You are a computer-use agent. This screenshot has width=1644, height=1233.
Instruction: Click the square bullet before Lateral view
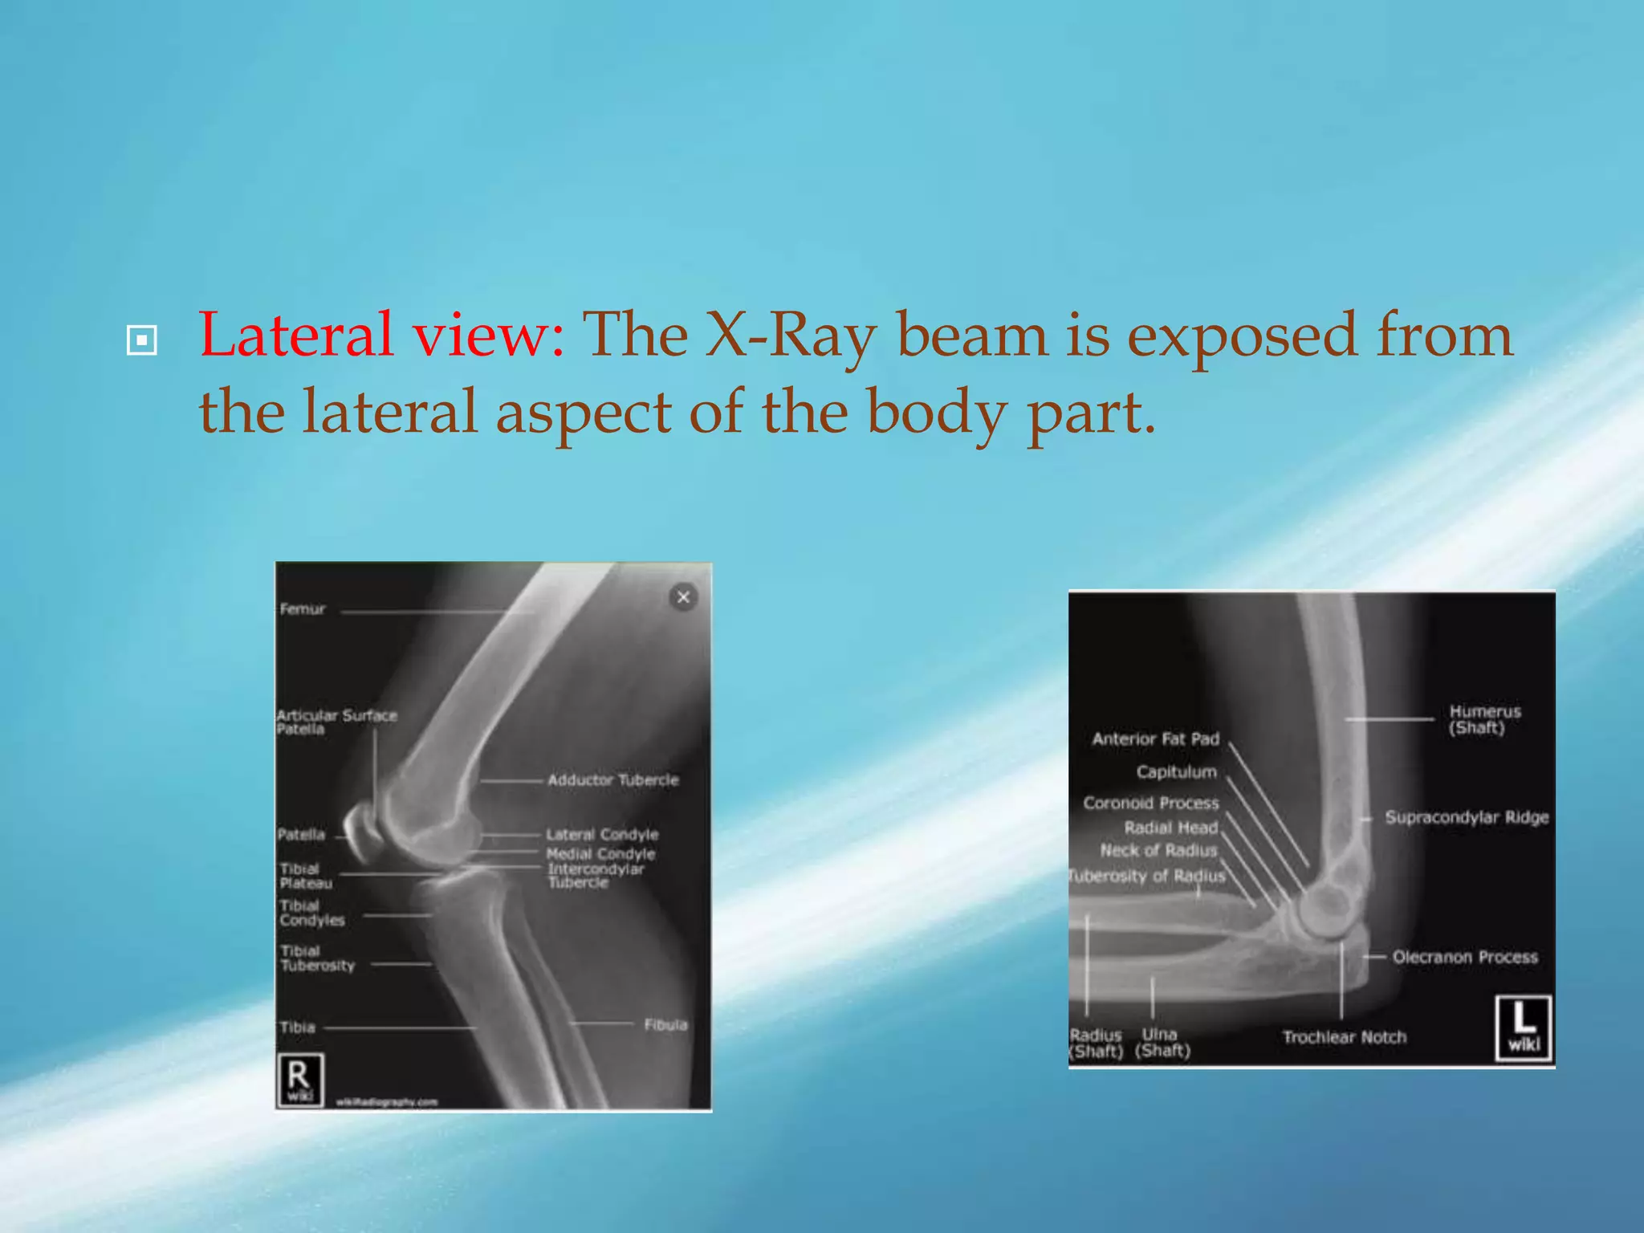142,340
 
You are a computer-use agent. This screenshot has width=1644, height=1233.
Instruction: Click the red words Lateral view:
381,335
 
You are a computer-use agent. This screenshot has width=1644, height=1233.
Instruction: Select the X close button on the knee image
683,597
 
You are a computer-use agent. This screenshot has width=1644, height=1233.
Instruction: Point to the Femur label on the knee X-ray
303,609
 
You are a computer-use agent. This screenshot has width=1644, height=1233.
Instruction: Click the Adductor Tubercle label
612,780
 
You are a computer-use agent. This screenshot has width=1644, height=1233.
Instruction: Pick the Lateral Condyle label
602,835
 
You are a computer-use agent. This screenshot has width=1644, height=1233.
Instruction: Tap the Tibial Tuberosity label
316,958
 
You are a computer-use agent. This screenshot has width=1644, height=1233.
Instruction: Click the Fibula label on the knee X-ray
665,1025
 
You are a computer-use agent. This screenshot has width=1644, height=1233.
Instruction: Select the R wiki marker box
299,1079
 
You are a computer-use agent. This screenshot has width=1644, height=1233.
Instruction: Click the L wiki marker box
1523,1028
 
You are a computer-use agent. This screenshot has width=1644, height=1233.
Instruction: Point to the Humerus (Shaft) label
1484,720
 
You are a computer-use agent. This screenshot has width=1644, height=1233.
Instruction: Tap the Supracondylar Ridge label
1467,818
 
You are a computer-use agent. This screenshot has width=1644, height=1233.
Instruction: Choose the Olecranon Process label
1465,957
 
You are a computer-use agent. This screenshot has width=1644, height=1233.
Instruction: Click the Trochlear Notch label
1345,1037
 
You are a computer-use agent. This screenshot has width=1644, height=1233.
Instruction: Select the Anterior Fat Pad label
1155,739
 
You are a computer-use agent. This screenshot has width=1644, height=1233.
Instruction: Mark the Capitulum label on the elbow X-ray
1176,772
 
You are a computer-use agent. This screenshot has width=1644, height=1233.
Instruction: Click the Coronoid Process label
1150,804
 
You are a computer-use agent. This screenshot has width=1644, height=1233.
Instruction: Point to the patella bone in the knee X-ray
364,832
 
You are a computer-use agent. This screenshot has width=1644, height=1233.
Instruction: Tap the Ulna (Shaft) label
1162,1043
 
